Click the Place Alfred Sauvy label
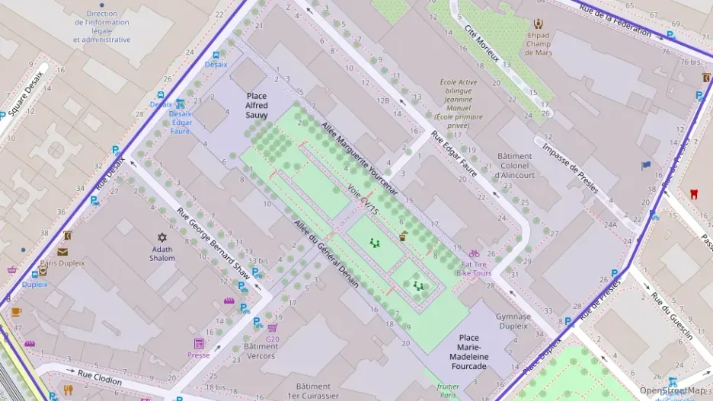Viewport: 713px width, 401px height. pyautogui.click(x=257, y=105)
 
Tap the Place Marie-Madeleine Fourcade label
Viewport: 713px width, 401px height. pyautogui.click(x=469, y=352)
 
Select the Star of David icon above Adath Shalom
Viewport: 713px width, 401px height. pyautogui.click(x=161, y=237)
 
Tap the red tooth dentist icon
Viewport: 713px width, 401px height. pyautogui.click(x=693, y=193)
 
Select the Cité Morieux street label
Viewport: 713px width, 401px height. pyautogui.click(x=481, y=42)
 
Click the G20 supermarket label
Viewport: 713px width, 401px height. pyautogui.click(x=272, y=339)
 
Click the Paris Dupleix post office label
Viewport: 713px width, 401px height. pyautogui.click(x=62, y=263)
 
